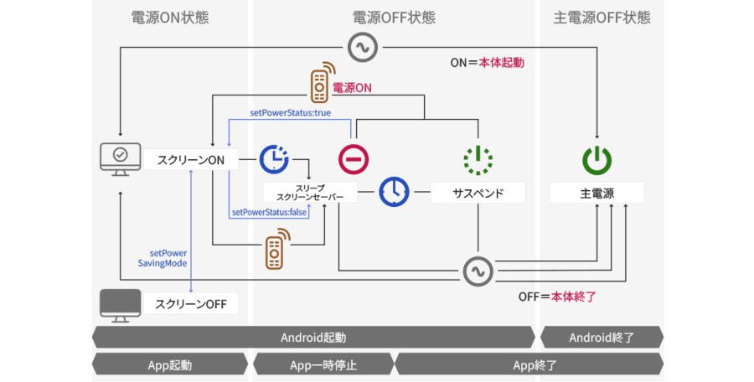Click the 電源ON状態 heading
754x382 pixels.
(x=170, y=18)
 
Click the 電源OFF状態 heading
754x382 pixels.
(x=394, y=18)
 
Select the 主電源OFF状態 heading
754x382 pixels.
(x=602, y=18)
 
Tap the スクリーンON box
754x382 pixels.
(x=190, y=159)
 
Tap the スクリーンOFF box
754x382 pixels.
(x=190, y=303)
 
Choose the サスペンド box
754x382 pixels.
(x=478, y=193)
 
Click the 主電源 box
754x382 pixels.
(x=597, y=193)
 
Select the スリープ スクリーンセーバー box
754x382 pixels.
(x=309, y=193)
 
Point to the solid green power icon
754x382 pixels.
(x=597, y=159)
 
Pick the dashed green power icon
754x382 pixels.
(x=478, y=159)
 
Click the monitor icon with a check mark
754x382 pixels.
(x=120, y=157)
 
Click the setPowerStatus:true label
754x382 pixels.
(x=290, y=113)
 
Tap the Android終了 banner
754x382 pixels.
(x=602, y=338)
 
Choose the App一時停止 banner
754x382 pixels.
(x=323, y=365)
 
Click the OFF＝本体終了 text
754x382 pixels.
(x=556, y=297)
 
